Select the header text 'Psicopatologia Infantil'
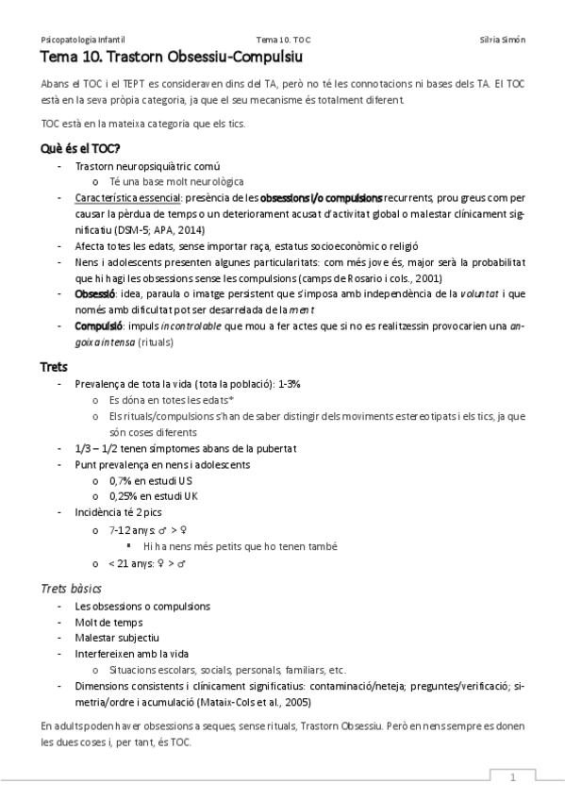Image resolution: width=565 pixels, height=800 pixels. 82,40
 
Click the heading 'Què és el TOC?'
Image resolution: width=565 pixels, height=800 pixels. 79,148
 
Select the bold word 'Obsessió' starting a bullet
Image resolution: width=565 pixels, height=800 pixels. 94,294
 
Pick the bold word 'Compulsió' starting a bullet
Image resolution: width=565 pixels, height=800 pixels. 97,325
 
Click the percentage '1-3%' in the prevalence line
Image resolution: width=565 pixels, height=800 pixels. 289,384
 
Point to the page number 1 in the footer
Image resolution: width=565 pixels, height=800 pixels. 512,778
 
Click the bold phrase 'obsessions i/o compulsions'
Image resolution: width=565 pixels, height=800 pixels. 321,198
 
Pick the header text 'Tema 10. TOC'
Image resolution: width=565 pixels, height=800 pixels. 282,40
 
